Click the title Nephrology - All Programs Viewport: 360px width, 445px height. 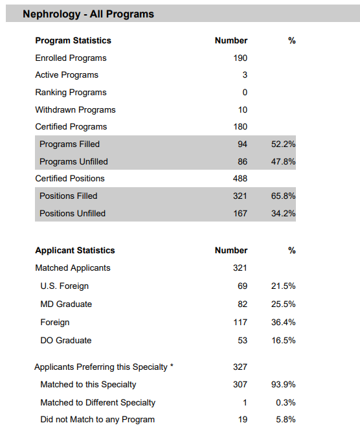pos(88,14)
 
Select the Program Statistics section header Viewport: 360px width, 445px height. pos(73,41)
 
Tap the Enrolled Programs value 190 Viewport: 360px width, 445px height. pos(240,58)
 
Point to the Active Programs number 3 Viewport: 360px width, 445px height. pos(245,75)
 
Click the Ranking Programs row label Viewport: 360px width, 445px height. pos(71,93)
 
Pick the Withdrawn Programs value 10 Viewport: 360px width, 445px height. pos(243,110)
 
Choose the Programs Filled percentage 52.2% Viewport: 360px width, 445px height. pos(283,144)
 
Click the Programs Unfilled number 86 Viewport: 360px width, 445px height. pos(242,161)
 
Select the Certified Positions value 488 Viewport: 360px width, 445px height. pos(240,179)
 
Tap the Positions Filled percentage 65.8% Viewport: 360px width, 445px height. pos(283,196)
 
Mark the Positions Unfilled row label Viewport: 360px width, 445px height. pos(73,213)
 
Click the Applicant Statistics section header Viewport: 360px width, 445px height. pos(75,250)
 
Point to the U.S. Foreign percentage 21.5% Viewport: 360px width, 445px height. pos(283,286)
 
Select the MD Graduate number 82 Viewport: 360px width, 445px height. pos(242,304)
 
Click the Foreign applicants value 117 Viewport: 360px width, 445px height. pos(240,322)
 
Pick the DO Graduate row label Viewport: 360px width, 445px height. pos(66,340)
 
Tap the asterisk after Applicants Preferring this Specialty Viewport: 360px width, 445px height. pos(172,365)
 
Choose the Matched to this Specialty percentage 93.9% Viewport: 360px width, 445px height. pos(283,384)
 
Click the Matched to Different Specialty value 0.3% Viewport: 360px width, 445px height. pos(286,402)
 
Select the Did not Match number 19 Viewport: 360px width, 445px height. pos(243,420)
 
